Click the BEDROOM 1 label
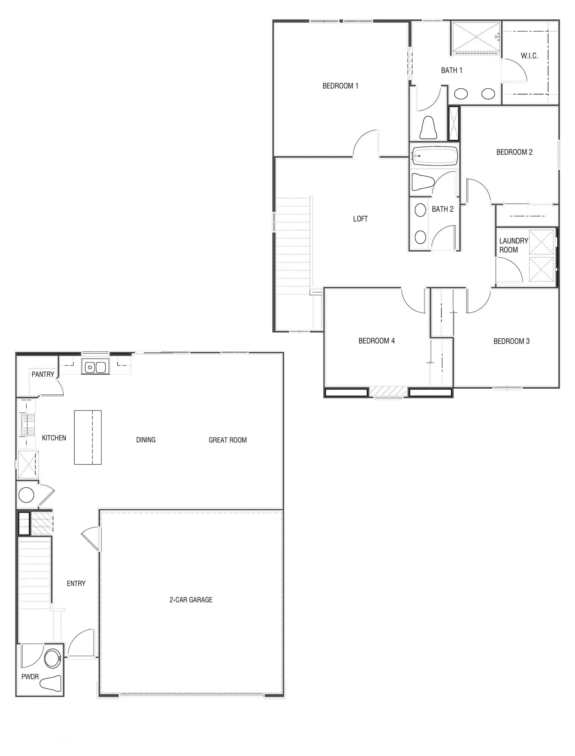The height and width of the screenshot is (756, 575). pos(340,86)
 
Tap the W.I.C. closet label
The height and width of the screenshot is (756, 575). pos(529,56)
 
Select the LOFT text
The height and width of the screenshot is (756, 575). pos(360,219)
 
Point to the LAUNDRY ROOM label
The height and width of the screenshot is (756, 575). pos(513,245)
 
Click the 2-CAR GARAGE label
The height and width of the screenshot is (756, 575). pos(191,599)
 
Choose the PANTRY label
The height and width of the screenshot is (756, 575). pos(43,374)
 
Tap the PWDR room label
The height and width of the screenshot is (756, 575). pos(30,677)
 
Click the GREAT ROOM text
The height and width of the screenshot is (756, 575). pos(227,440)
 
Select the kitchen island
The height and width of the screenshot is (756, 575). pos(88,437)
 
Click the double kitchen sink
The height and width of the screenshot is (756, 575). pos(95,367)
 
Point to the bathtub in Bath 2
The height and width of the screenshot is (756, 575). pos(434,156)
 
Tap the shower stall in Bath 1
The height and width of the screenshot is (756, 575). pos(476,37)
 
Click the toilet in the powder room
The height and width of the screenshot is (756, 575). pos(51,682)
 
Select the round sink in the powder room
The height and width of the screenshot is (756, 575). pos(52,658)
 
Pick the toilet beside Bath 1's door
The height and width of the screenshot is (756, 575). pos(428,127)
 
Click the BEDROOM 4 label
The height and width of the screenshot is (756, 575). pos(376,341)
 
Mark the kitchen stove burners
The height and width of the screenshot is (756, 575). pos(28,425)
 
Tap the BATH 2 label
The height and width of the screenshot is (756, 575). pos(442,209)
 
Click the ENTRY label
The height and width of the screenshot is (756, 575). pos(76,584)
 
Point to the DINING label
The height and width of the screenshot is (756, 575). pos(146,440)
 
